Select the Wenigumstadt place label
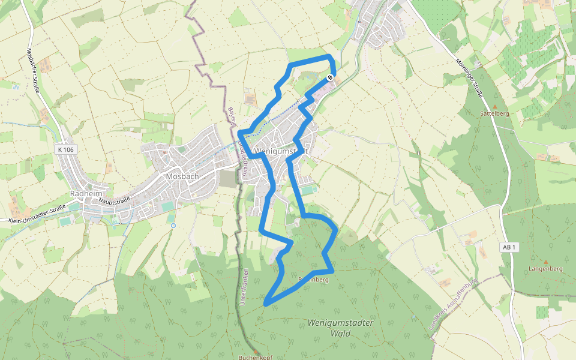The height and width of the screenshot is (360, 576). coord(281,151)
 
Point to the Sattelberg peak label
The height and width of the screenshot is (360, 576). coord(495,113)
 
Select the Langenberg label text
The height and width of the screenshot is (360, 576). coord(545,269)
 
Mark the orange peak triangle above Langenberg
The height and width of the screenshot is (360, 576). coord(545,261)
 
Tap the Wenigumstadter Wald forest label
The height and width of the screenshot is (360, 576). coord(340,327)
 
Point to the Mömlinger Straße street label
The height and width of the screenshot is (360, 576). coord(469,76)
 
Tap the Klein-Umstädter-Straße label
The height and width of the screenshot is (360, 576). coord(37,214)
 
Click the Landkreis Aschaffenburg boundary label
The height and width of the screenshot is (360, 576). coord(454,306)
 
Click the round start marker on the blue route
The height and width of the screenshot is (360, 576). coord(330,77)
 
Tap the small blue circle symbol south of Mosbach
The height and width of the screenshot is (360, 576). coord(173,226)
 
